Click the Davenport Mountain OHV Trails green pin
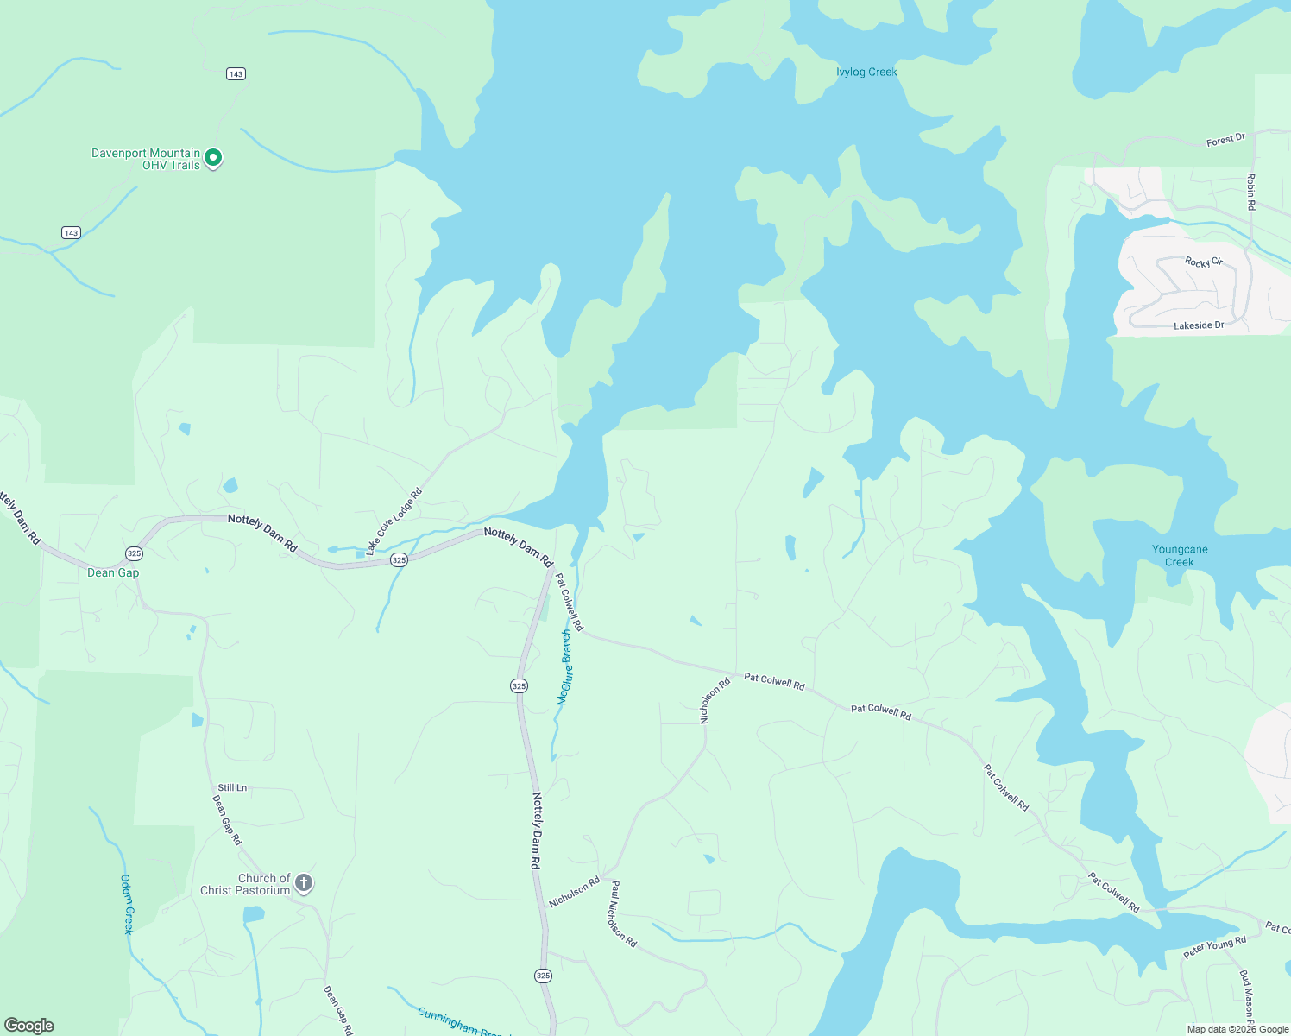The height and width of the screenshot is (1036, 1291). (213, 158)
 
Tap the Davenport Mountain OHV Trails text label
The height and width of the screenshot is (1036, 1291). (146, 159)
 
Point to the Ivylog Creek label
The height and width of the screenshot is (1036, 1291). (866, 72)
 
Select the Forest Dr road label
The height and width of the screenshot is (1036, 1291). (1225, 140)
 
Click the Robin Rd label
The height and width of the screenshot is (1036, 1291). (1250, 192)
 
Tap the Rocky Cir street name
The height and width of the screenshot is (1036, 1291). (1203, 262)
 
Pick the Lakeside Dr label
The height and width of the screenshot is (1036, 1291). (1199, 325)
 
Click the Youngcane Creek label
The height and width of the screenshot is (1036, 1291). (1180, 555)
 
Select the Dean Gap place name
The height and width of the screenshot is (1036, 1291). (113, 572)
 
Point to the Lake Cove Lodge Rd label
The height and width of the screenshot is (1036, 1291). (394, 521)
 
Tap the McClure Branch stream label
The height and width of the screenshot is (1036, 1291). (564, 667)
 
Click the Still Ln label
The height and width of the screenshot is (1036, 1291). (232, 787)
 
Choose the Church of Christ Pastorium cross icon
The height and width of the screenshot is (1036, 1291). (303, 882)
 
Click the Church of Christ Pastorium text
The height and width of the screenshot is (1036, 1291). (245, 884)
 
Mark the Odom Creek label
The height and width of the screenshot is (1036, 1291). (127, 904)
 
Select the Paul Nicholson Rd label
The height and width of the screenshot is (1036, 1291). (622, 914)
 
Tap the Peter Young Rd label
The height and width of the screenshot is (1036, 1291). (1214, 947)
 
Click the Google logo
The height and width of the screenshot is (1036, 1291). (29, 1026)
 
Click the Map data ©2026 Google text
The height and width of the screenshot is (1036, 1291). (1237, 1029)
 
